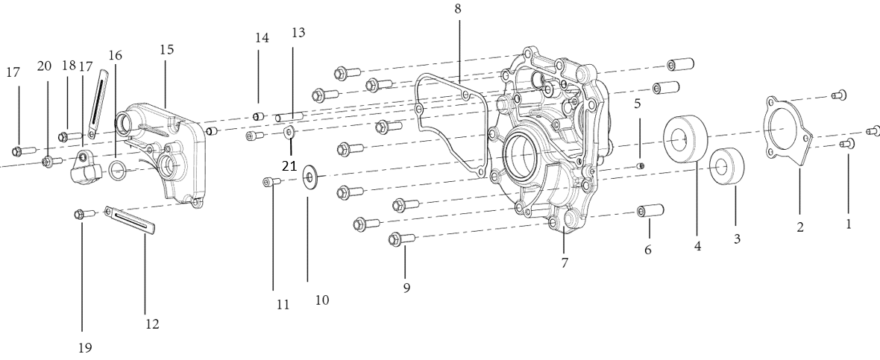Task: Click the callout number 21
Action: tap(289, 166)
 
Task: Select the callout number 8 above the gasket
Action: tap(458, 9)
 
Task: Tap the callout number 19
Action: tap(85, 347)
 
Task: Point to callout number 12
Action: tap(152, 323)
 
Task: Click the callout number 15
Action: tap(167, 49)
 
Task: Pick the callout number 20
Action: tap(44, 66)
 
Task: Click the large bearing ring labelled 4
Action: tap(685, 138)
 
